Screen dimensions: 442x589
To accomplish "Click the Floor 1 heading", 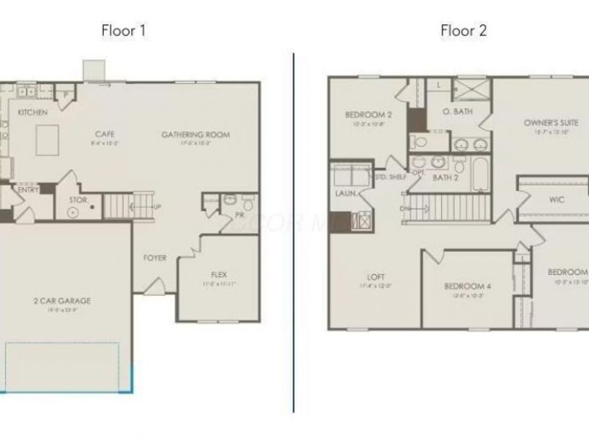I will click(x=124, y=31).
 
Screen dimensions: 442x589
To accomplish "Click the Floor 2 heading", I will click(x=463, y=31).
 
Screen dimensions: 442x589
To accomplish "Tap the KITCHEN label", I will click(x=33, y=113).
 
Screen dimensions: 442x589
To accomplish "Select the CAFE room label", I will click(x=104, y=134).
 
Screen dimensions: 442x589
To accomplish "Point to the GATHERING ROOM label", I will click(x=196, y=135).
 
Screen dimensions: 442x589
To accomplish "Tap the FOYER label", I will click(x=155, y=258).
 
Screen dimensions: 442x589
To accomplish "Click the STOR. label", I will click(x=79, y=200).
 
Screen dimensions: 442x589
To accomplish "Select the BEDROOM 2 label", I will click(x=368, y=115).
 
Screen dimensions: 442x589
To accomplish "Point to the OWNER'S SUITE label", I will click(x=551, y=122).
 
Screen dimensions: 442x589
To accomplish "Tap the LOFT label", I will click(x=376, y=278).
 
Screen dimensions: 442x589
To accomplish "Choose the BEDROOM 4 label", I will click(x=468, y=286).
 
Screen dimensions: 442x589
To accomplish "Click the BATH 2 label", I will click(x=446, y=178).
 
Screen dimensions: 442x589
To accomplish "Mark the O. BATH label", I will click(x=457, y=111).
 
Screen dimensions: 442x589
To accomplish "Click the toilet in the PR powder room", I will click(x=228, y=200).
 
